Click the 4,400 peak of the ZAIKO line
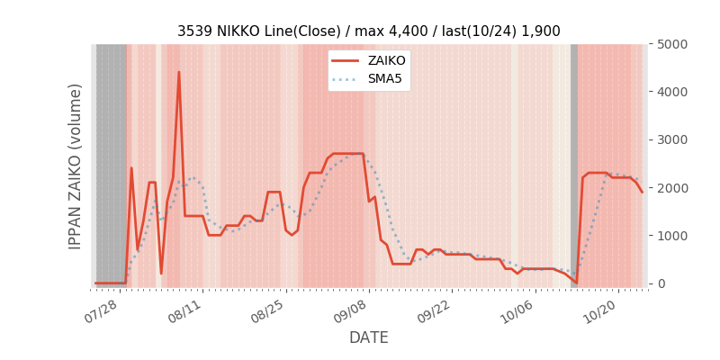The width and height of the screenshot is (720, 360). [178, 72]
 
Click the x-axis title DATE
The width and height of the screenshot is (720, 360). [369, 338]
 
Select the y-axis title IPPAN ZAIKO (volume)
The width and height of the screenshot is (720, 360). [76, 166]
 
